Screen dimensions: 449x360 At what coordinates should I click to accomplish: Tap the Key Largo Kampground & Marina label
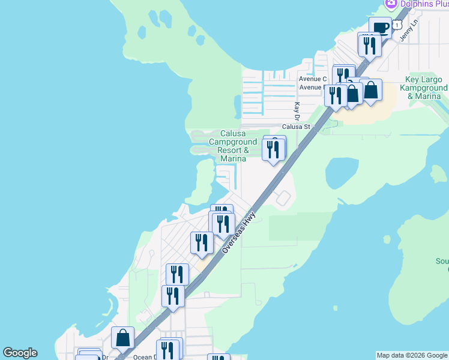[426, 88]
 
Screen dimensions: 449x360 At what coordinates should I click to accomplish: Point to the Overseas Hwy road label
[239, 232]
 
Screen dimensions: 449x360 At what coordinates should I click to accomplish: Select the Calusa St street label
[296, 127]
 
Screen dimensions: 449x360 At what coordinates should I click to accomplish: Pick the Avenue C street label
[313, 79]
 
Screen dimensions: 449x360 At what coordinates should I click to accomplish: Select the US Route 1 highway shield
[397, 25]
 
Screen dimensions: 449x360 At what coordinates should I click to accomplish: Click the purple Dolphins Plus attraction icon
[391, 3]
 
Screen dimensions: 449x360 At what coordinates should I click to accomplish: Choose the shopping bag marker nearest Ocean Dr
[122, 338]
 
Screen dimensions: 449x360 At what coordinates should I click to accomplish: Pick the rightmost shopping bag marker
[371, 91]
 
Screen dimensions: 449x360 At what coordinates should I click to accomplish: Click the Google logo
[20, 353]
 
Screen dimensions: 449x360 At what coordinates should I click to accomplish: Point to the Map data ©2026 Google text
[412, 355]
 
